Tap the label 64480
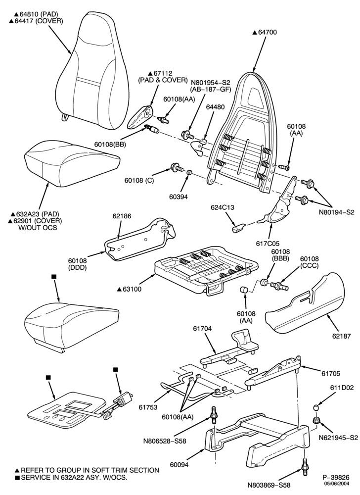215,107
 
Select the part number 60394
178,197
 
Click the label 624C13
223,208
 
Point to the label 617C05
268,244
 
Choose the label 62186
122,216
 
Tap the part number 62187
341,337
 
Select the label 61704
202,329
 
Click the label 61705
331,374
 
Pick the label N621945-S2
338,438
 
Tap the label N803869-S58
269,485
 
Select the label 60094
180,464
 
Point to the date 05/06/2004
336,483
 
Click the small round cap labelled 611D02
316,408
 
